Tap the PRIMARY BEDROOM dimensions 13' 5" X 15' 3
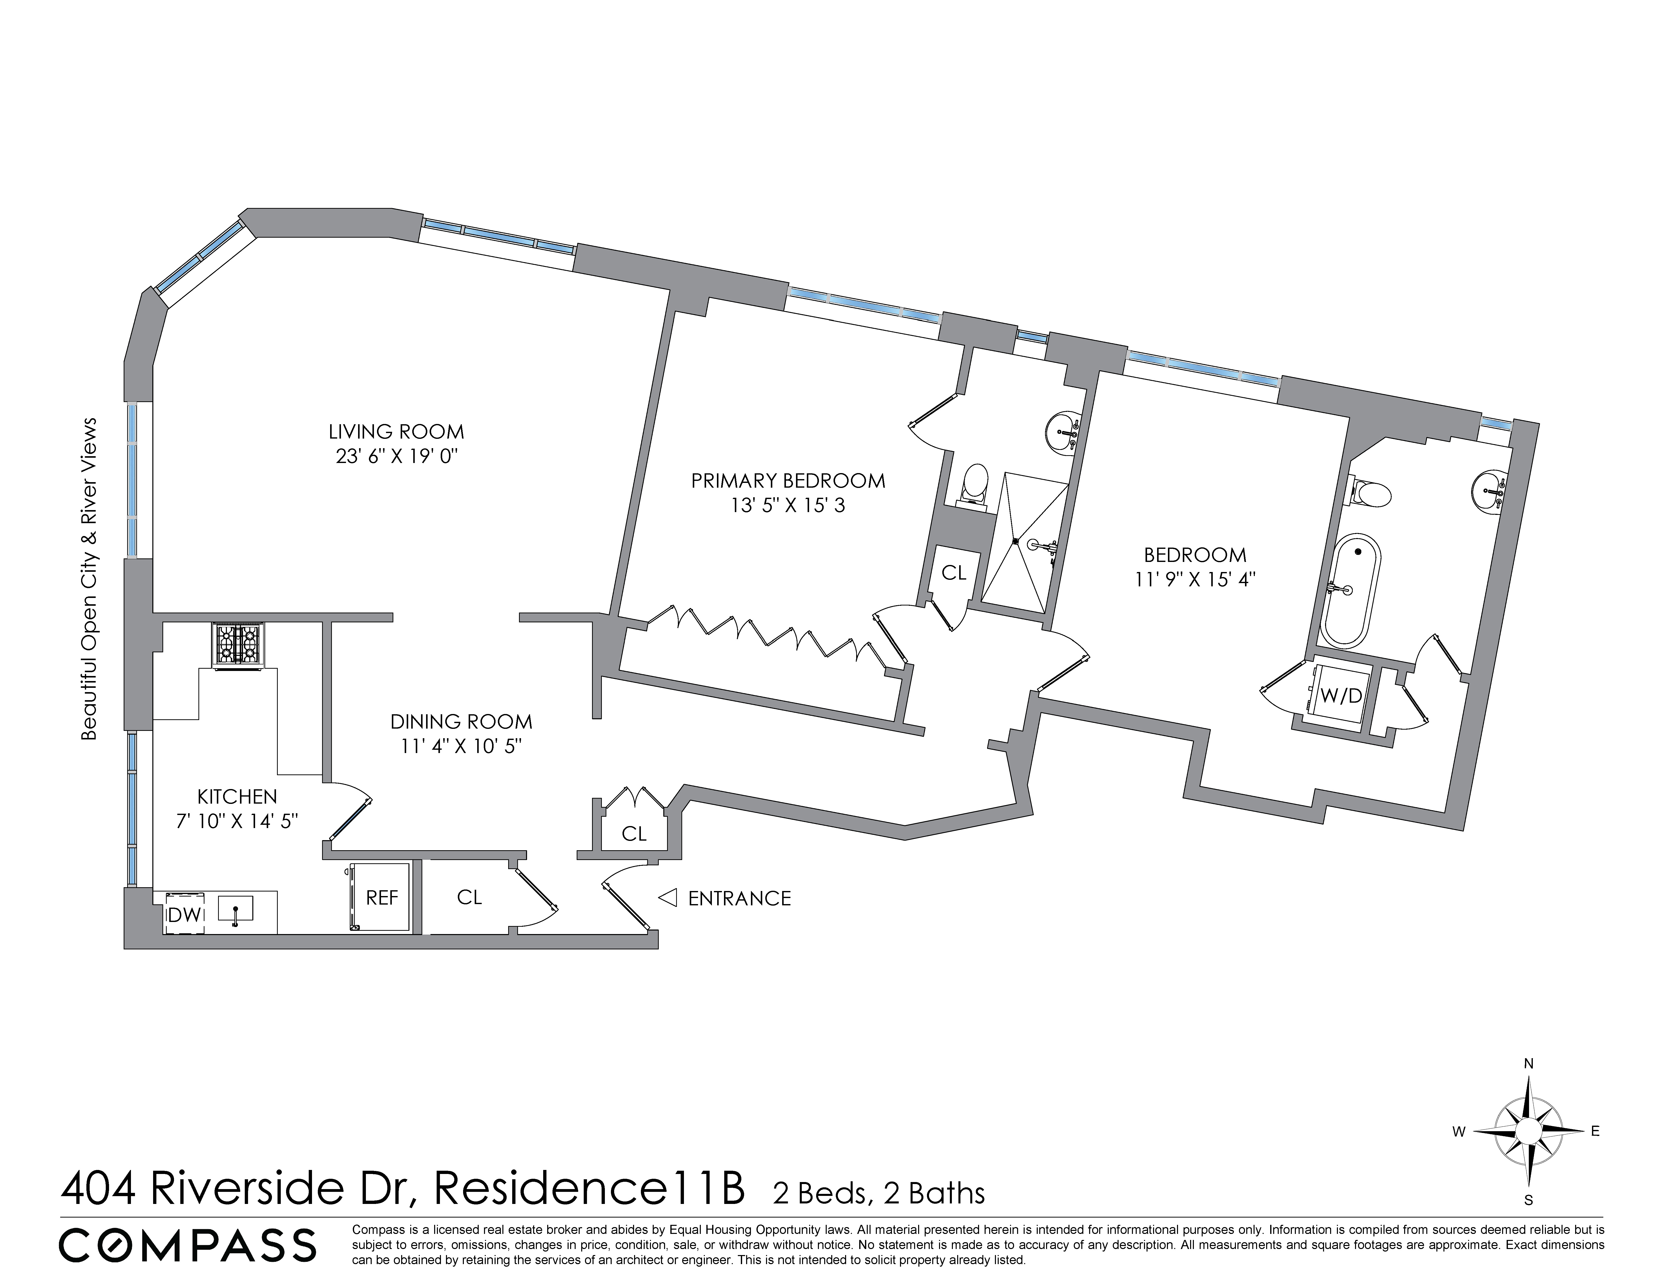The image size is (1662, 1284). pyautogui.click(x=788, y=506)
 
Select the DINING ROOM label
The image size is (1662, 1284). pyautogui.click(x=461, y=721)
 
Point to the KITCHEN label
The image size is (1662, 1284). pyautogui.click(x=237, y=796)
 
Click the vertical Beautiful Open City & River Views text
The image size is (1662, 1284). pyautogui.click(x=90, y=578)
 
